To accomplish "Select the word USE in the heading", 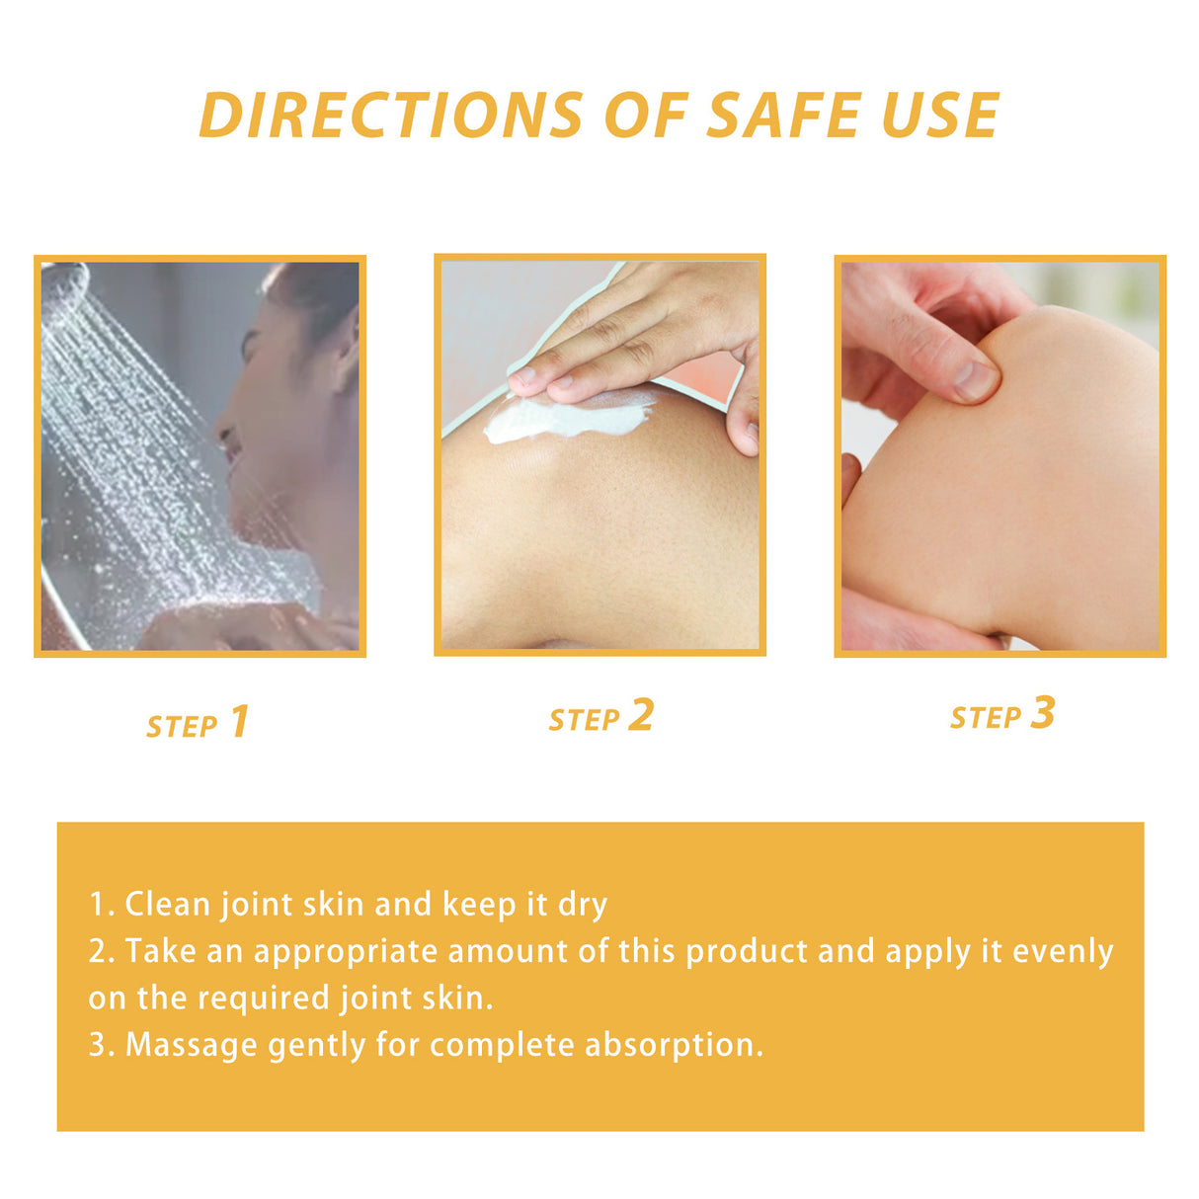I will click(939, 116).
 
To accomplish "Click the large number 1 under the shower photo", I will click(239, 722).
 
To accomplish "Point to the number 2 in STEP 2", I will click(641, 715).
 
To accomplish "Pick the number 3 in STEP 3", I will click(1042, 713).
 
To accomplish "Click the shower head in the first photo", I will click(65, 280).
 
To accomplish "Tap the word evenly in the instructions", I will click(1063, 952).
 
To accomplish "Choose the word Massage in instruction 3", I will click(191, 1045).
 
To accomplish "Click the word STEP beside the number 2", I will click(584, 721).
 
